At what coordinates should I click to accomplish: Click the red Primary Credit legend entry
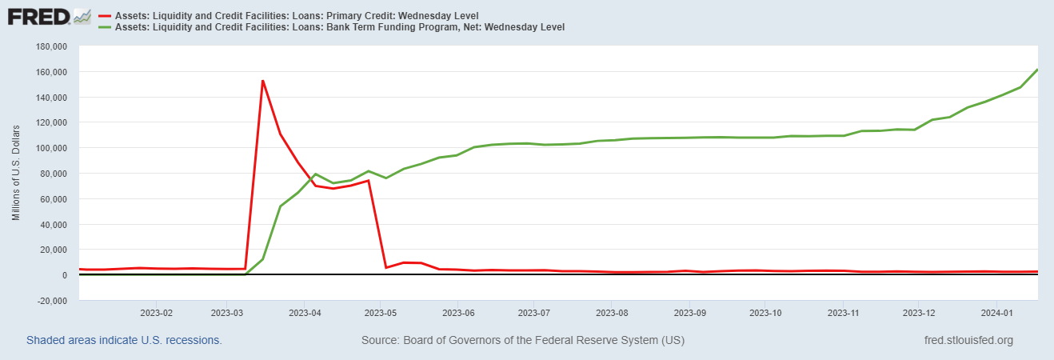(x=289, y=16)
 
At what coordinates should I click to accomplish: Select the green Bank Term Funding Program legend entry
(x=331, y=27)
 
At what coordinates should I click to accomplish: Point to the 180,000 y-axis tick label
(x=51, y=46)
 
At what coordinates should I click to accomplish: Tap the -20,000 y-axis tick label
(x=51, y=300)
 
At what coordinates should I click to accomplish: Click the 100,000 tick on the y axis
(x=51, y=148)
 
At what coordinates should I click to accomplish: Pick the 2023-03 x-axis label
(x=227, y=313)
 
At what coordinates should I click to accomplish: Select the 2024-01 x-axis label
(x=996, y=313)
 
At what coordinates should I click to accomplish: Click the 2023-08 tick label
(x=612, y=313)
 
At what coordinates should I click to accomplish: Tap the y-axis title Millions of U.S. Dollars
(x=17, y=173)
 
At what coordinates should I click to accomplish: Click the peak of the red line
(x=262, y=81)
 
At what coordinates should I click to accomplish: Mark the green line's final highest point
(x=1037, y=70)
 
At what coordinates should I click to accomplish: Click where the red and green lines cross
(x=311, y=179)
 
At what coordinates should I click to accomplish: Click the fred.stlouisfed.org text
(x=968, y=340)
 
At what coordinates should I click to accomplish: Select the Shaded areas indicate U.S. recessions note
(x=124, y=340)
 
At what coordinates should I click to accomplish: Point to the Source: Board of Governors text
(x=523, y=340)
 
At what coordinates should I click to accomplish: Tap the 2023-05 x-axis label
(x=381, y=313)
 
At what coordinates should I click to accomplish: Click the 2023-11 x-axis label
(x=843, y=313)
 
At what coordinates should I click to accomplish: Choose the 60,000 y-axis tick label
(x=53, y=199)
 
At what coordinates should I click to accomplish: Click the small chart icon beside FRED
(x=82, y=17)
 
